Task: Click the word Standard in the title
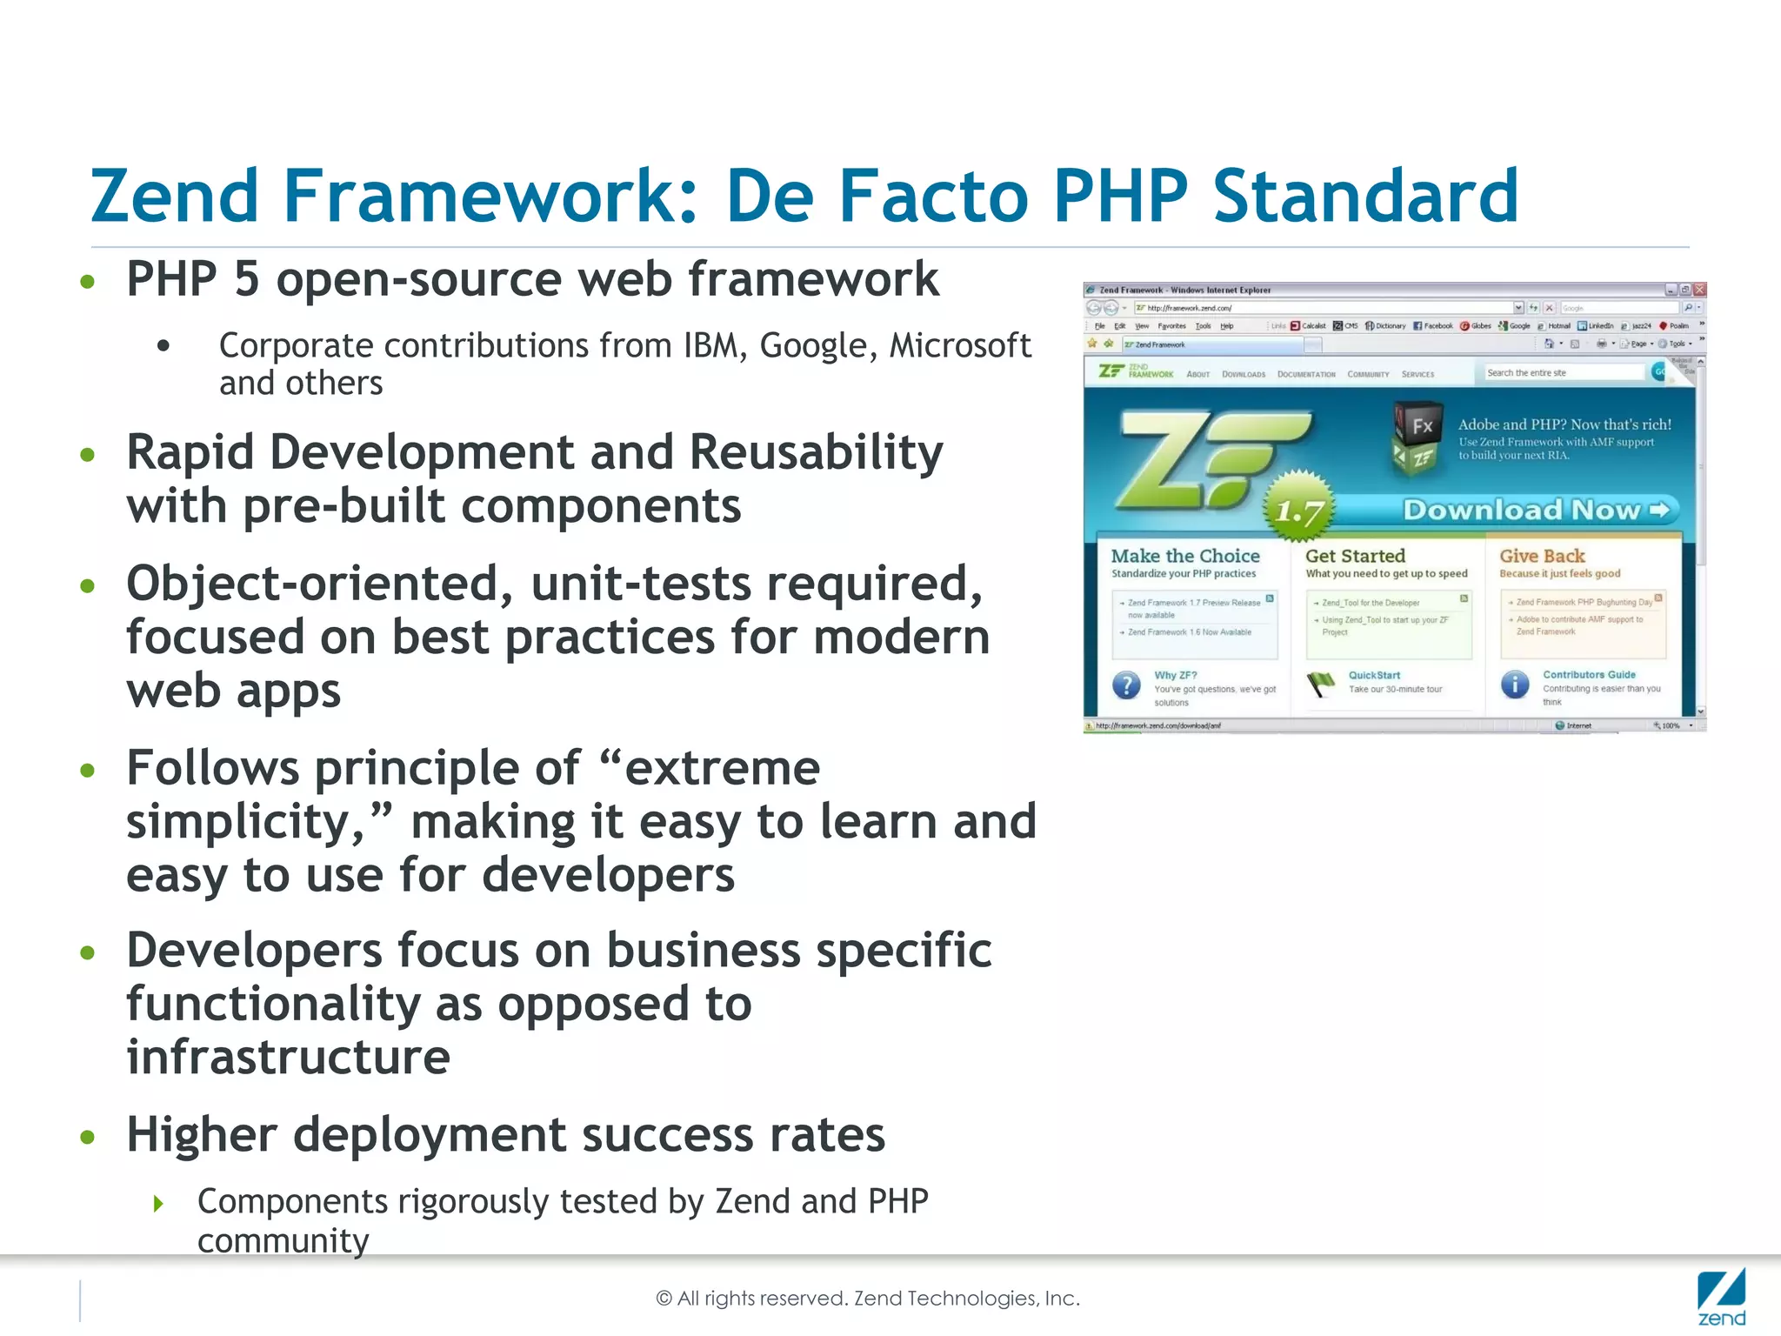point(1365,197)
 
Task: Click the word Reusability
point(816,453)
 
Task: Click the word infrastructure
point(288,1057)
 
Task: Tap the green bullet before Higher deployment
point(87,1137)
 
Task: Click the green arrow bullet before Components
point(158,1204)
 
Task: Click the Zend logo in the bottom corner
point(1721,1298)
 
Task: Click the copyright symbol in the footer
point(664,1299)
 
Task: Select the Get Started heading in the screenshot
point(1355,556)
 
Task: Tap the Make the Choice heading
point(1185,556)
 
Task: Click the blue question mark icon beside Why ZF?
point(1127,685)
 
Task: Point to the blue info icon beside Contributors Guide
point(1515,685)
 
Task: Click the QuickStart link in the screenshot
point(1374,675)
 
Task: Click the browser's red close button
point(1700,290)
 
